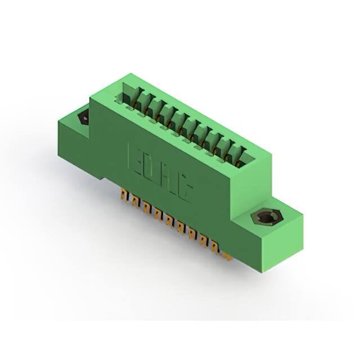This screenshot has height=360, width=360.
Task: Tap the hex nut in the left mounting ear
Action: (x=83, y=118)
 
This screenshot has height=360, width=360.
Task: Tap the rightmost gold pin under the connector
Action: (x=226, y=256)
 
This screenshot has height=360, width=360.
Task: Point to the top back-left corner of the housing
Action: (x=130, y=74)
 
